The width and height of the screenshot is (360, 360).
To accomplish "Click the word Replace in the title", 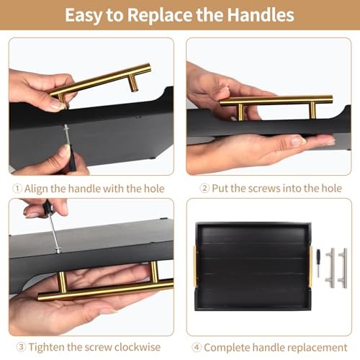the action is coord(160,15).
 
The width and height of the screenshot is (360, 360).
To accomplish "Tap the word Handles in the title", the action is coord(261,15).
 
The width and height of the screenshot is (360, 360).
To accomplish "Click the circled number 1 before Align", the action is coord(17,189).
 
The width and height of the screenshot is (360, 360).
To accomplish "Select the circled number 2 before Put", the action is coord(204,189).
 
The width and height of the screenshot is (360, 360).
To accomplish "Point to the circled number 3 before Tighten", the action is coord(21,347).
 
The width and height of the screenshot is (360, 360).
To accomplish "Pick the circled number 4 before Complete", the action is coord(197,347).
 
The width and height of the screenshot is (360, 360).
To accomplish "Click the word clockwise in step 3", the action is coord(138,347).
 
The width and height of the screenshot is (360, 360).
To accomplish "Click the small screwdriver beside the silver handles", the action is coord(318,263).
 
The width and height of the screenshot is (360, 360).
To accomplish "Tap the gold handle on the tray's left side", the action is coord(195,266).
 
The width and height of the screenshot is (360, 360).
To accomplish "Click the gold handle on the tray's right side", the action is coord(311,266).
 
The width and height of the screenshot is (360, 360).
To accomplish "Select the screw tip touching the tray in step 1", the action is coord(66,126).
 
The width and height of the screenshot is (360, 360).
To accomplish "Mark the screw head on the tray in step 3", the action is coord(58,250).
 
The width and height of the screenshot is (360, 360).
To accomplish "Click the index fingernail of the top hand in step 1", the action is coord(57,104).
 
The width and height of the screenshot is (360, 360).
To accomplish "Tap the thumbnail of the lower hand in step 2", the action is coord(297,140).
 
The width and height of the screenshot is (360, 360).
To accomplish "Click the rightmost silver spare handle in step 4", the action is coord(343,268).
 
